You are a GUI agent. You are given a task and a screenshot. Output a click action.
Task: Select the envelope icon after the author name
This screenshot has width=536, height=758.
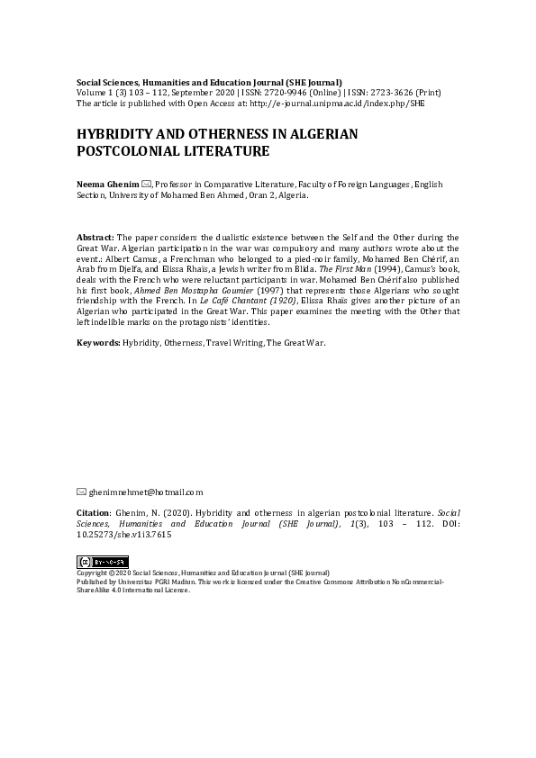point(147,184)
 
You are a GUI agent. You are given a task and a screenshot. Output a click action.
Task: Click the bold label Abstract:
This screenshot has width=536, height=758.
point(96,236)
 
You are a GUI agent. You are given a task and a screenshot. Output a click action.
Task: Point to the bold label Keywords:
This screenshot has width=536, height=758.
point(98,343)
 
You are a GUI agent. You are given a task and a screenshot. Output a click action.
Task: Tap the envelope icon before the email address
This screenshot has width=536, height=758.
point(82,492)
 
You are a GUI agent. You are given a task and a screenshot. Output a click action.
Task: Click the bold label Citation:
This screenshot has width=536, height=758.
point(95,510)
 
